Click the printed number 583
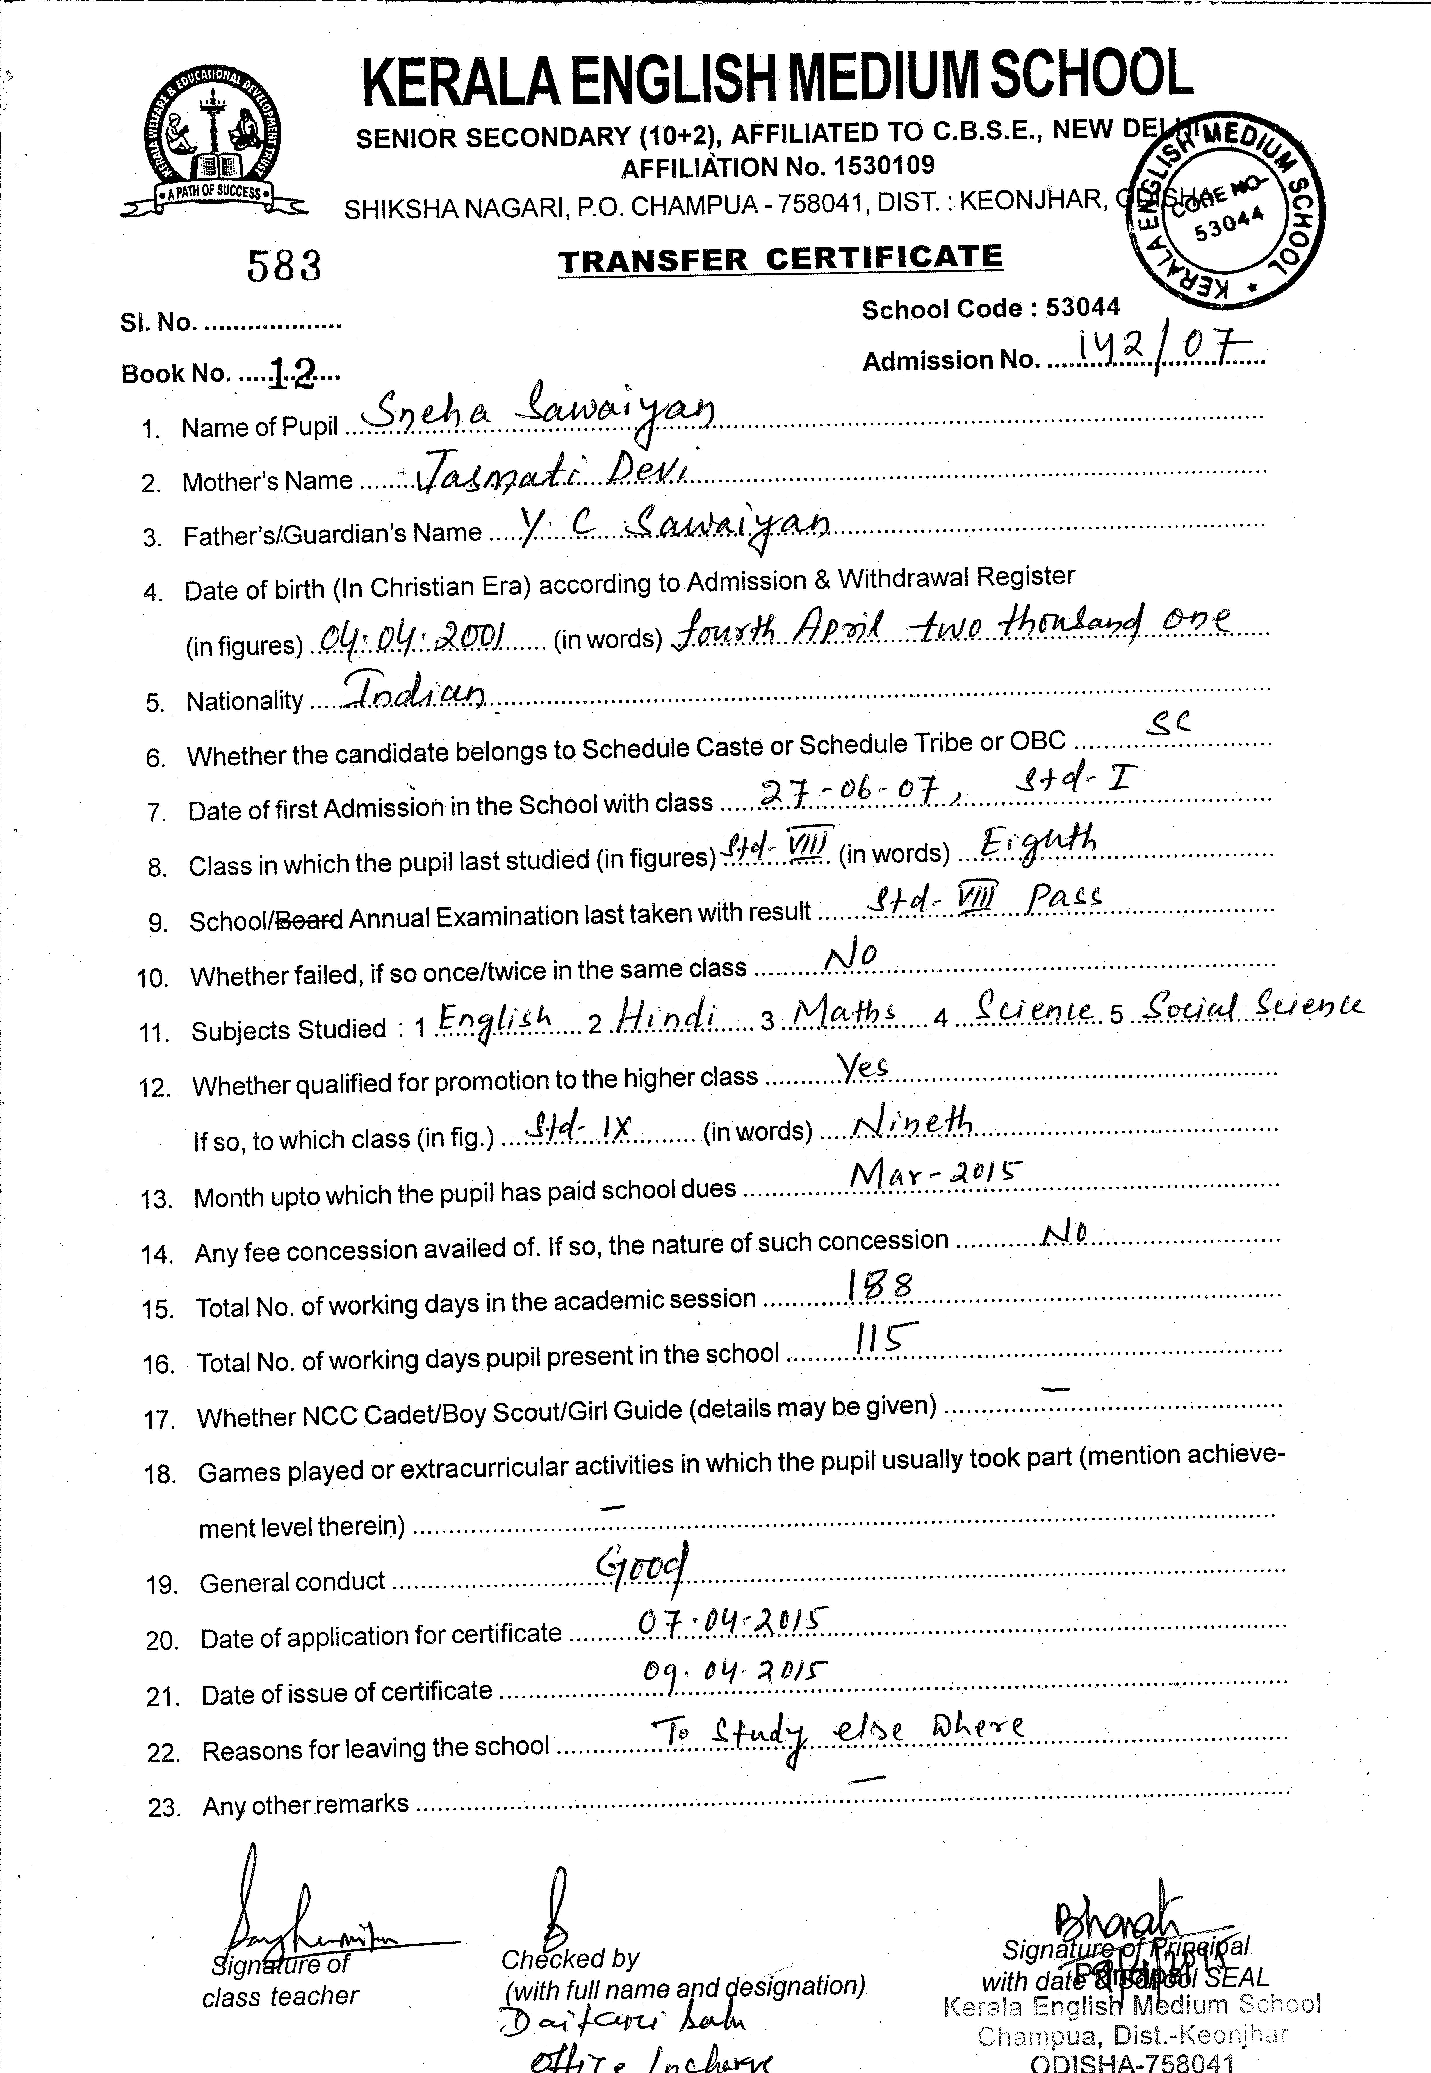click(x=283, y=266)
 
